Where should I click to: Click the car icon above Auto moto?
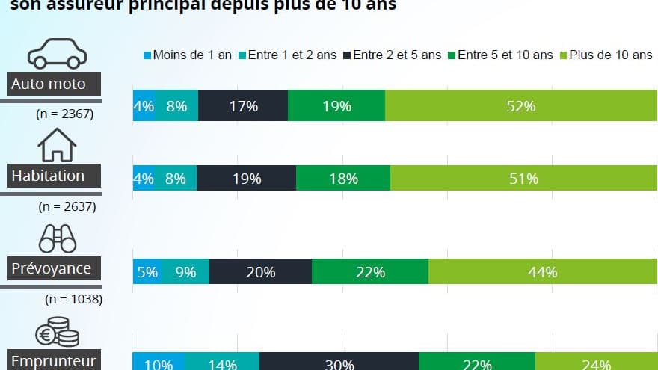(x=57, y=55)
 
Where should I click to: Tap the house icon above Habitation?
(x=58, y=145)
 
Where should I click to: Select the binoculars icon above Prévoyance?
(x=58, y=238)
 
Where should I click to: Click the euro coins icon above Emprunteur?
(x=58, y=333)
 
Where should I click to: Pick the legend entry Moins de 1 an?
(x=187, y=55)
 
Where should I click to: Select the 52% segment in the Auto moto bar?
(x=520, y=106)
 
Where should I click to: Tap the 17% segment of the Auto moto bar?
(x=243, y=106)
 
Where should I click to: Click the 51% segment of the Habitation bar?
(x=523, y=179)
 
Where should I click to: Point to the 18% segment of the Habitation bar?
(x=342, y=179)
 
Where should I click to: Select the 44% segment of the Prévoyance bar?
(x=542, y=272)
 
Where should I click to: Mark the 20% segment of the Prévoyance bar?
(x=260, y=272)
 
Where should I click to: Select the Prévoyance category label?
(x=51, y=268)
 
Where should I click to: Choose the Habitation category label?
(x=48, y=176)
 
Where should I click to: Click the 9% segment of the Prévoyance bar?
(x=185, y=272)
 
